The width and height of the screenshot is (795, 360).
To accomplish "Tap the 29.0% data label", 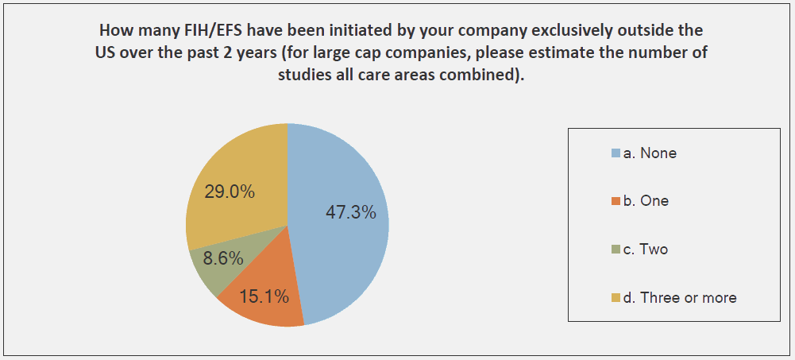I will (230, 192).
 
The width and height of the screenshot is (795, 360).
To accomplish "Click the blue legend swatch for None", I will (615, 153).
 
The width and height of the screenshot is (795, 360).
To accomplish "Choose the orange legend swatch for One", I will (615, 202).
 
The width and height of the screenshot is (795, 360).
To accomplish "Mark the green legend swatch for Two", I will (615, 250).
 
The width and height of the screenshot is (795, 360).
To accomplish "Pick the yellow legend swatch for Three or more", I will (615, 299).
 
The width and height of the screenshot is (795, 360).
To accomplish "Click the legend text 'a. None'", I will (650, 153).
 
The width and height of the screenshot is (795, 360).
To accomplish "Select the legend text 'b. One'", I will (646, 201).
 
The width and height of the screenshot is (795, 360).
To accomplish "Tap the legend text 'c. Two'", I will (645, 250).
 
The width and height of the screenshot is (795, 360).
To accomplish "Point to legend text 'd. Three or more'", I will (680, 298).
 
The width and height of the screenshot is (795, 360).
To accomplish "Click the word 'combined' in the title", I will (486, 76).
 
